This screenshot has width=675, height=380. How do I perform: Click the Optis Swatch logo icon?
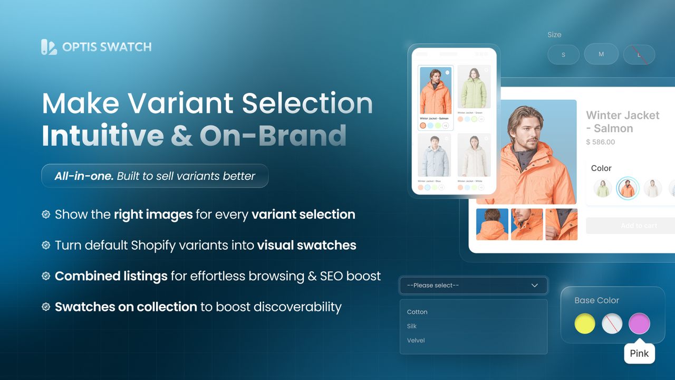coord(49,47)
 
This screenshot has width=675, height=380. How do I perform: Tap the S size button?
coord(563,54)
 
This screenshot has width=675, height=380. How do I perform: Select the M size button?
coord(601,54)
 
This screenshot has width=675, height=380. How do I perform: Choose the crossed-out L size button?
coord(639,54)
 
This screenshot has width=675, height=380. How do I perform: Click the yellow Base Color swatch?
coord(585,324)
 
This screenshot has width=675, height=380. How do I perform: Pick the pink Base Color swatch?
coord(639,324)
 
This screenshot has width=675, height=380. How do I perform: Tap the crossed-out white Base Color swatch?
coord(612,324)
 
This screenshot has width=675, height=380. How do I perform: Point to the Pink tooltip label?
coord(639,354)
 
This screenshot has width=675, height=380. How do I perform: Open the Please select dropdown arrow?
coord(535,286)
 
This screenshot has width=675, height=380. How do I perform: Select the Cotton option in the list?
coord(417,312)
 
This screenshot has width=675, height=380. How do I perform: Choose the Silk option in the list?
coord(412,326)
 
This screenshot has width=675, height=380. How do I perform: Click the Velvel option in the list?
coord(416,340)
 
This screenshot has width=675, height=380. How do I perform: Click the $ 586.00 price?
coord(601,142)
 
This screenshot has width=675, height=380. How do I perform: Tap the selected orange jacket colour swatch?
coord(628,188)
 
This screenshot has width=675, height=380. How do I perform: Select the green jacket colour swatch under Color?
coord(603,188)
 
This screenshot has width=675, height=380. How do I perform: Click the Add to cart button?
coord(630,225)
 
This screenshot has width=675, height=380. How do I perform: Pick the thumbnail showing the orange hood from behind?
coord(492,224)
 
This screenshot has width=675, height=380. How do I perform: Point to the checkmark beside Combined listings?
coord(46,276)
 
